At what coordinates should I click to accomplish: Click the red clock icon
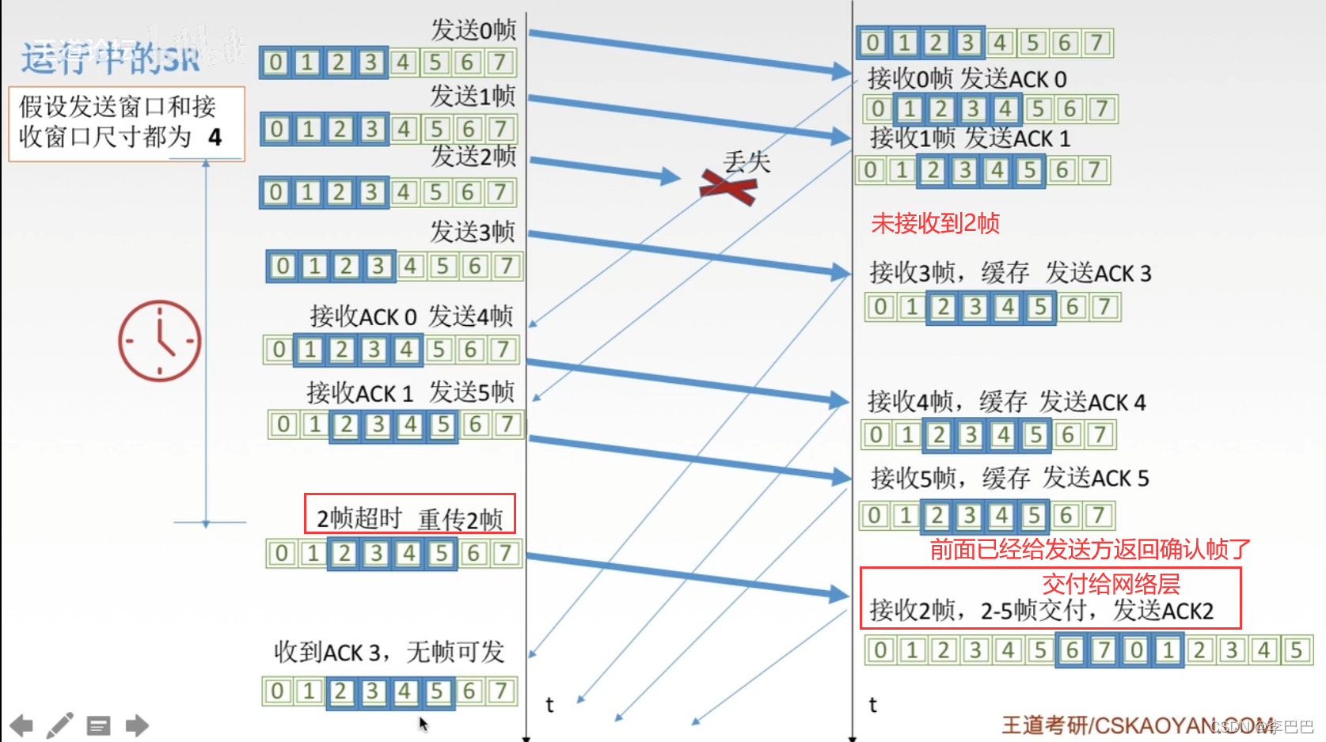tap(159, 341)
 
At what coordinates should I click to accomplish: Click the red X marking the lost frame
tap(728, 187)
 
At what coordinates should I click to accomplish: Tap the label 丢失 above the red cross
tap(747, 162)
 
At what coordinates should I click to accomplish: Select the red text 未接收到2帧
tap(935, 223)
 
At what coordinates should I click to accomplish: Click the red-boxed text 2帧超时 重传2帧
tap(409, 517)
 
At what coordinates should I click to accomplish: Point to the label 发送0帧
tap(473, 30)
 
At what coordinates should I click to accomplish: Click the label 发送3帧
tap(472, 232)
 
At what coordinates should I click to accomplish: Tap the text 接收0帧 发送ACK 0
tap(967, 79)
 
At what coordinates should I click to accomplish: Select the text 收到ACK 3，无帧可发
tap(389, 652)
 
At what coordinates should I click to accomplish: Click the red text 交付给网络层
tap(1110, 584)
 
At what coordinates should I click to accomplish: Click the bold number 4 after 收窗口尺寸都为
tap(215, 138)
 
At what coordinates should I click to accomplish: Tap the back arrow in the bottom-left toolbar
tap(21, 725)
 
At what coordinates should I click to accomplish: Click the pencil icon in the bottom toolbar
tap(59, 725)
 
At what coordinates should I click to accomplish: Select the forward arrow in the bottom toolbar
tap(137, 725)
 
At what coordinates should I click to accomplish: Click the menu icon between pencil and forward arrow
tap(98, 725)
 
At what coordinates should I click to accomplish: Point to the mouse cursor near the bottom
tap(423, 723)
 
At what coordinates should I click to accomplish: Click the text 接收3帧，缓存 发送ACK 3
tap(1010, 273)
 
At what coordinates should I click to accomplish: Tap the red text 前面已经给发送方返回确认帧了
tap(1089, 549)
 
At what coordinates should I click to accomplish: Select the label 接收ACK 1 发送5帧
tap(410, 392)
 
